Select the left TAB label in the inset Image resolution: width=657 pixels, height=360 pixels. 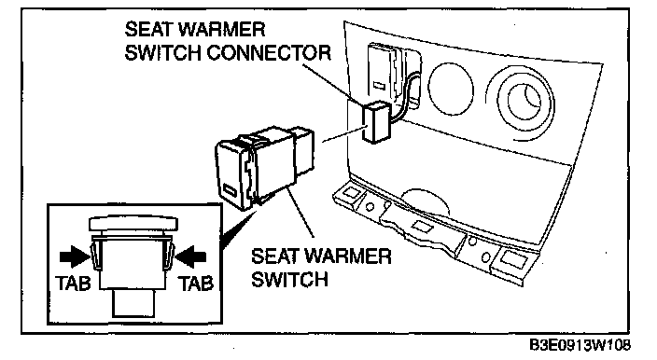73,284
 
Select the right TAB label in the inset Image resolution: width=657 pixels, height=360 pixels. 197,284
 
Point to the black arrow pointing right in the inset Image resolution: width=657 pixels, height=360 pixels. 75,256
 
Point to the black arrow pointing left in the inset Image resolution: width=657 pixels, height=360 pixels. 190,256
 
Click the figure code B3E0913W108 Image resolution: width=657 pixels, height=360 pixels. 580,345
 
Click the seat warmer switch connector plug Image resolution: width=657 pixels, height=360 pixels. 376,121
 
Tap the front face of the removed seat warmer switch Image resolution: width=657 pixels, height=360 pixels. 233,174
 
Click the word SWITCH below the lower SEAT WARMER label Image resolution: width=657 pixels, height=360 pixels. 289,279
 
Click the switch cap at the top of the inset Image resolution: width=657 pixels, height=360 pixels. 133,224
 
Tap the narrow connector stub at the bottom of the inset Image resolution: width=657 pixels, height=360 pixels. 133,303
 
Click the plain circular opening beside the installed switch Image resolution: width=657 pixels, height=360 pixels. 451,89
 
